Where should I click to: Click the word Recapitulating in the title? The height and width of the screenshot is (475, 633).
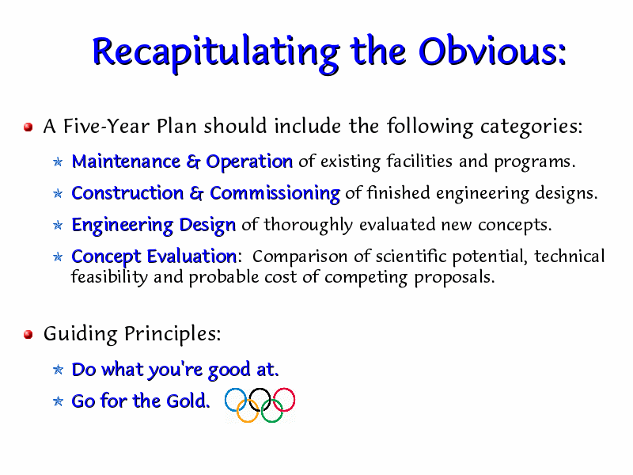pos(216,53)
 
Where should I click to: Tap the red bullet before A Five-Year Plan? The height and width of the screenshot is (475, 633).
pos(28,127)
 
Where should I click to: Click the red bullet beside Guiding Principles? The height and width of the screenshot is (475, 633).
pos(28,335)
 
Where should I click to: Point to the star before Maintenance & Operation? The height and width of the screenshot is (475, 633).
pos(58,162)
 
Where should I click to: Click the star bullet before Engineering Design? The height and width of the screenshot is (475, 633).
pos(58,226)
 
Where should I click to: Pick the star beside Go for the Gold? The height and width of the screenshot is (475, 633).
pos(58,401)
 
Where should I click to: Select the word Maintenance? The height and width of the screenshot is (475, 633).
pos(126,161)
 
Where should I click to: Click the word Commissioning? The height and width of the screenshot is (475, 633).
pos(275,194)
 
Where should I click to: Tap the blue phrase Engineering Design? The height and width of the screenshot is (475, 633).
pos(154,226)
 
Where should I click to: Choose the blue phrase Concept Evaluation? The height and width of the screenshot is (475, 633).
pos(154,257)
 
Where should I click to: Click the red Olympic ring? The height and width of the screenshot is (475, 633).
pos(284,388)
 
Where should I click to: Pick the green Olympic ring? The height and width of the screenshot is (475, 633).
pos(271,422)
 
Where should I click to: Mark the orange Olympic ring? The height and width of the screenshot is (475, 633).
pos(248,422)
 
